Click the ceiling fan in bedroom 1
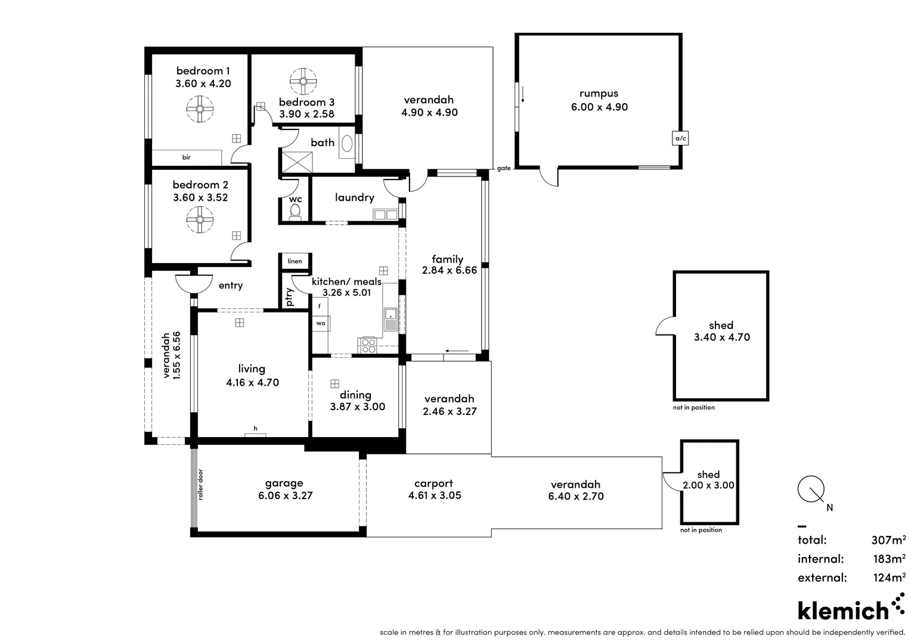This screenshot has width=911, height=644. [x=200, y=109]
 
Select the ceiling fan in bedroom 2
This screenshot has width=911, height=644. [x=200, y=219]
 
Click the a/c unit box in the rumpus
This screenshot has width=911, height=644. [x=680, y=138]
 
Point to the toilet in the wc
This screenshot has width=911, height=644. [x=295, y=212]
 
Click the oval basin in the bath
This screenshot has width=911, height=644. [x=346, y=143]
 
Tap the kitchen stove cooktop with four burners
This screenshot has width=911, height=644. [x=368, y=345]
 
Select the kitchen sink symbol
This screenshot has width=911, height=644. [x=391, y=320]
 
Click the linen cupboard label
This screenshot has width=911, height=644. [x=295, y=261]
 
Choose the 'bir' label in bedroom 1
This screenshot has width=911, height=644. [x=187, y=157]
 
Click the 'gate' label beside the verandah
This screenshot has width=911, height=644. [x=504, y=169]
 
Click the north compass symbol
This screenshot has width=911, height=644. [x=811, y=489]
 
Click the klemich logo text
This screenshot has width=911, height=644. [x=843, y=611]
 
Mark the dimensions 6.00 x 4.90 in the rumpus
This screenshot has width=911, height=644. [x=599, y=107]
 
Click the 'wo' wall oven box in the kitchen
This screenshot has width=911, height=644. [x=321, y=323]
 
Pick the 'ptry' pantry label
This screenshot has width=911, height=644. [x=290, y=296]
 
